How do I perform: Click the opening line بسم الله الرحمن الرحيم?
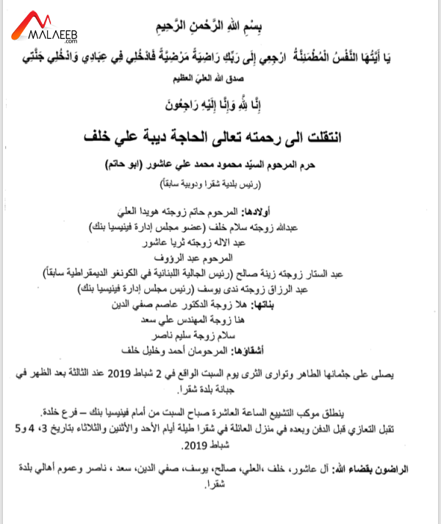click(x=220, y=28)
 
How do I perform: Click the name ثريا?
click(x=198, y=242)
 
